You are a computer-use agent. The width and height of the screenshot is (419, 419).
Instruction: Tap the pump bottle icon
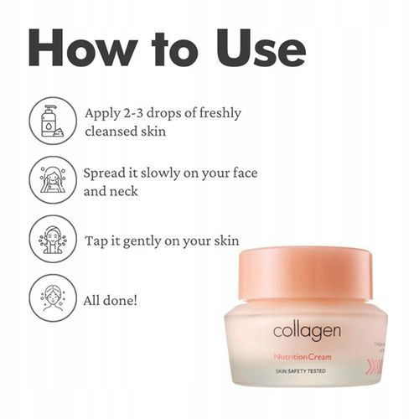click(53, 121)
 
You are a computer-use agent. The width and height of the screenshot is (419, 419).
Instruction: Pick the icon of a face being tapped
click(53, 238)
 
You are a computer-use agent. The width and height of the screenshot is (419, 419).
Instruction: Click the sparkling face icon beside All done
click(53, 297)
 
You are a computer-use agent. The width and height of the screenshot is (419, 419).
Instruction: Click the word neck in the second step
click(125, 191)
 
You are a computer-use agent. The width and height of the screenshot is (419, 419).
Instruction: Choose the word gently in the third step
click(155, 241)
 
